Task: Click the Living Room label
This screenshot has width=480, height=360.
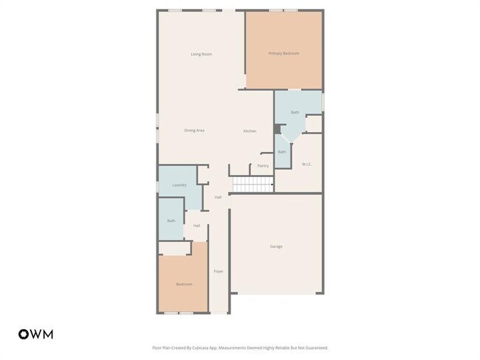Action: point(201,54)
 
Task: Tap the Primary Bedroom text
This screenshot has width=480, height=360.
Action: point(284,53)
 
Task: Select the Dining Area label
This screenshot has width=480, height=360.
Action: point(194,131)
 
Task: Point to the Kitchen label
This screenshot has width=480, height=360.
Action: point(250,131)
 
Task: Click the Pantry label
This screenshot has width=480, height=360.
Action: point(263,166)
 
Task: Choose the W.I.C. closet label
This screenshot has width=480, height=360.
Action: point(306,164)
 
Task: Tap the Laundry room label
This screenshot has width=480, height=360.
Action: point(179,185)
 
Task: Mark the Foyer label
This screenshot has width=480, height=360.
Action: point(219,271)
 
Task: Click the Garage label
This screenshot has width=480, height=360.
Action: point(275,246)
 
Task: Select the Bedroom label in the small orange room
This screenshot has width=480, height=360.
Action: point(184,285)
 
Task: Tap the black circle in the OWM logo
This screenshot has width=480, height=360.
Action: point(24,334)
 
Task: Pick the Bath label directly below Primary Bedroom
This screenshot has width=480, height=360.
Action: point(295,112)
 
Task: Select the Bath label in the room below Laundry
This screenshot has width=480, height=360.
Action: point(171,221)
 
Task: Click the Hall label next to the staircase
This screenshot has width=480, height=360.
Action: point(218,197)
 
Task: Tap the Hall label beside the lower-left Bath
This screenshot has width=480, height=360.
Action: point(196,226)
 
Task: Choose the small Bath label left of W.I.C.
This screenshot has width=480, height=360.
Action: point(281,152)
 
